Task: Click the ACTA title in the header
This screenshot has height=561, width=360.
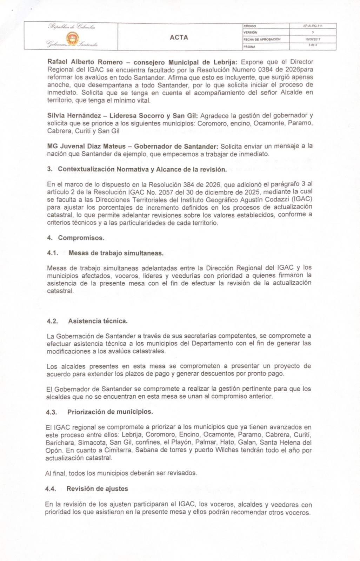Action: (179, 37)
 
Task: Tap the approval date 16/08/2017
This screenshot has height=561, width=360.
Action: (311, 40)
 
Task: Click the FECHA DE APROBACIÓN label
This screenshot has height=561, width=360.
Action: (261, 40)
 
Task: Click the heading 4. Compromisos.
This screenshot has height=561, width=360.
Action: (76, 238)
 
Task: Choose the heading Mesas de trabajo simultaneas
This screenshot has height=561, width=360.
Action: (116, 253)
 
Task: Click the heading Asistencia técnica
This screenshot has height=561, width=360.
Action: (98, 321)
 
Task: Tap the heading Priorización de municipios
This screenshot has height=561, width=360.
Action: (110, 412)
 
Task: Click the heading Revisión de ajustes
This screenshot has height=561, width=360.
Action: (97, 488)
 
